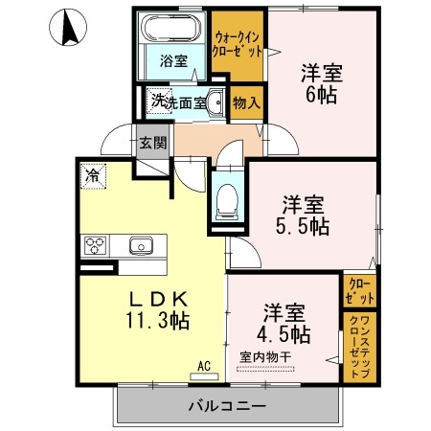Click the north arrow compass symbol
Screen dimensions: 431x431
coord(68,28)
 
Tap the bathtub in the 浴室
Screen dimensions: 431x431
coord(171,27)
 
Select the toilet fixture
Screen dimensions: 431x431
coord(227,201)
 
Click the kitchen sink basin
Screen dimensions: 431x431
coord(141,245)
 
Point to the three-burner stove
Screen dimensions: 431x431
coord(95,245)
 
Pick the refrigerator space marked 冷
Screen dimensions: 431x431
coord(93,176)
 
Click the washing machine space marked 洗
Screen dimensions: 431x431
coord(159,101)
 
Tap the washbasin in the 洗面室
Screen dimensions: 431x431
coord(215,102)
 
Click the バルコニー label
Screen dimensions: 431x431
coord(227,406)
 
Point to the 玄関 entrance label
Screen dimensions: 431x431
coord(153,143)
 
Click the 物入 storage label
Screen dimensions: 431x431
coord(246,102)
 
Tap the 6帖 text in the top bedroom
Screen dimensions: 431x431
coord(322,95)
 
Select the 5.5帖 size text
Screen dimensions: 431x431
coord(303,226)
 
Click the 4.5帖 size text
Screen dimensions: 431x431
coord(284,334)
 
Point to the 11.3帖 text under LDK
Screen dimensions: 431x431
coord(158,320)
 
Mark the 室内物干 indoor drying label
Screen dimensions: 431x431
coord(265,357)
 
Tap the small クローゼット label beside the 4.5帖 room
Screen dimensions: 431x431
coord(360,291)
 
